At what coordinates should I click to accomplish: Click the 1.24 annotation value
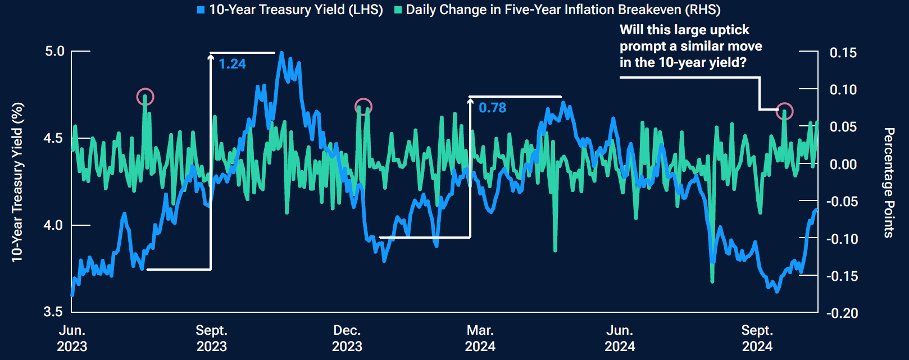click(232, 64)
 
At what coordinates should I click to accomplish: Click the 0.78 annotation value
click(492, 108)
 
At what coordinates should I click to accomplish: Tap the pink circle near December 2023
click(363, 107)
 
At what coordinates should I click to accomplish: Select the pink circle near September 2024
click(784, 111)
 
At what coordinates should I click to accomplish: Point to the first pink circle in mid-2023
click(146, 97)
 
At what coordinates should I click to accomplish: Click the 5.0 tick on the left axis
click(54, 51)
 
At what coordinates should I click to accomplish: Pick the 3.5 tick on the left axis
click(54, 312)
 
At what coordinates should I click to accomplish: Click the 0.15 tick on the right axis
click(843, 53)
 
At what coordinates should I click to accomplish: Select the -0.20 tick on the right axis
click(842, 313)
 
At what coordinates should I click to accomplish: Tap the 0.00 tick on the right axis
click(843, 165)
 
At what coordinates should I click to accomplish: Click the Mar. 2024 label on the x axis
click(480, 338)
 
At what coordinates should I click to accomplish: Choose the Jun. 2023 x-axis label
click(72, 338)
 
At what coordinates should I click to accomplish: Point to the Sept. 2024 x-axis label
click(757, 338)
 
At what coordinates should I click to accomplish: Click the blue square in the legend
click(201, 10)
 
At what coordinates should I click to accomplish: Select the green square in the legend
click(398, 10)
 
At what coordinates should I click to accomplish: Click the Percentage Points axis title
click(888, 183)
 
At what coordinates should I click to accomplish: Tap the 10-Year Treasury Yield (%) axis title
click(17, 183)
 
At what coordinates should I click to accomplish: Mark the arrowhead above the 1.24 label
click(211, 56)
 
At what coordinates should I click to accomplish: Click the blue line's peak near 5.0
click(281, 53)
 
